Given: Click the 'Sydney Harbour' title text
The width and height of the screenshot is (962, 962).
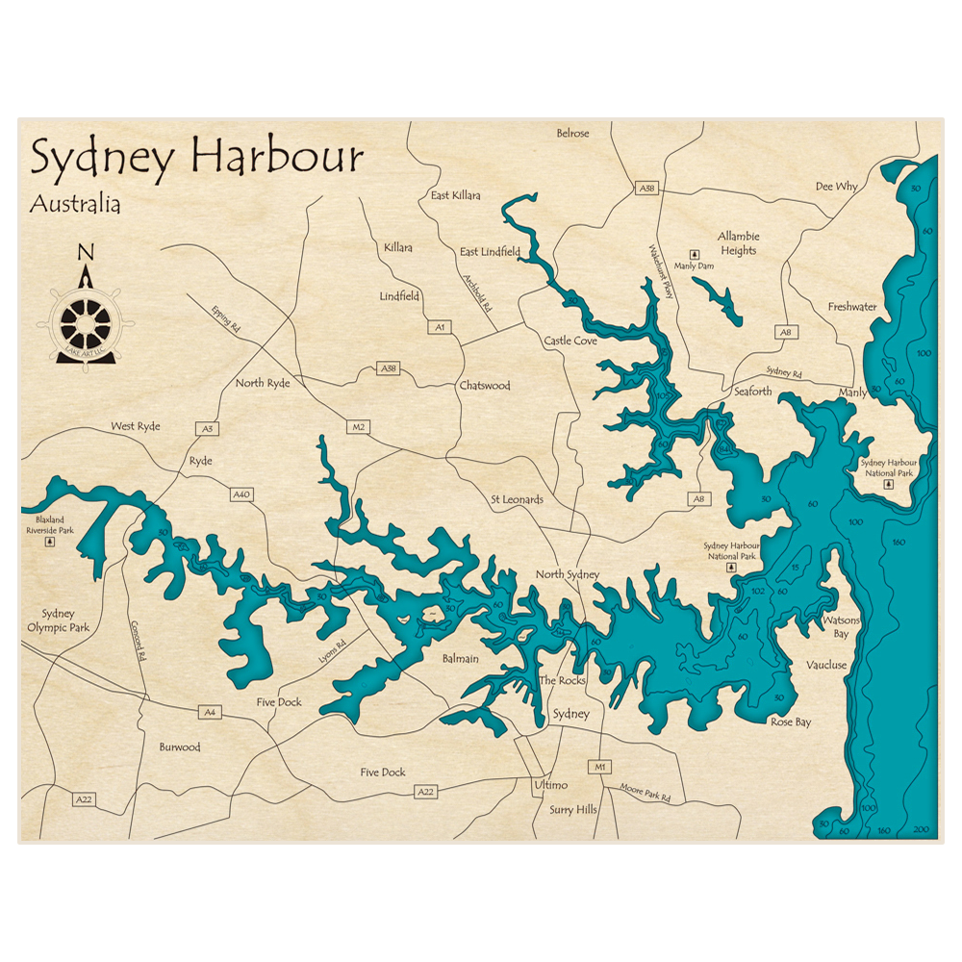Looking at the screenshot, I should click(196, 157).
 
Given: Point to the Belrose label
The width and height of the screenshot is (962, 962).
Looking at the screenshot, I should click(572, 133).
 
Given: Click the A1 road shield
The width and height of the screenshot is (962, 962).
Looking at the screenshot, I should click(441, 327).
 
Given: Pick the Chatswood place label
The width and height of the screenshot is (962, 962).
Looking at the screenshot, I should click(484, 386).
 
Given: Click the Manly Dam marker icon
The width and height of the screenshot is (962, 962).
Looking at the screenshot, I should click(694, 254).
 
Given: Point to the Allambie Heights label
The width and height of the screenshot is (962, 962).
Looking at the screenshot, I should click(738, 243).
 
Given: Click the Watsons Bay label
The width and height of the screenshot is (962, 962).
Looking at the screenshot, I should click(834, 627).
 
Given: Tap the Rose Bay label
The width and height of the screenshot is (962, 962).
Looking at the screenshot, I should click(790, 721).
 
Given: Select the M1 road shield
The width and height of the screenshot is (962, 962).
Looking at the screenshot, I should click(602, 767).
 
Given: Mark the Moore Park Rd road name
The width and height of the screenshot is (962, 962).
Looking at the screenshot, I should click(645, 793).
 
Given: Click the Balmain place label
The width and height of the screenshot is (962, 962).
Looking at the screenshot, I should click(460, 659).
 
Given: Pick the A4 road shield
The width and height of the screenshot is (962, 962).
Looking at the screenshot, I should click(209, 712).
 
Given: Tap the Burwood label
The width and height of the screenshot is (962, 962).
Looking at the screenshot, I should click(180, 747).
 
